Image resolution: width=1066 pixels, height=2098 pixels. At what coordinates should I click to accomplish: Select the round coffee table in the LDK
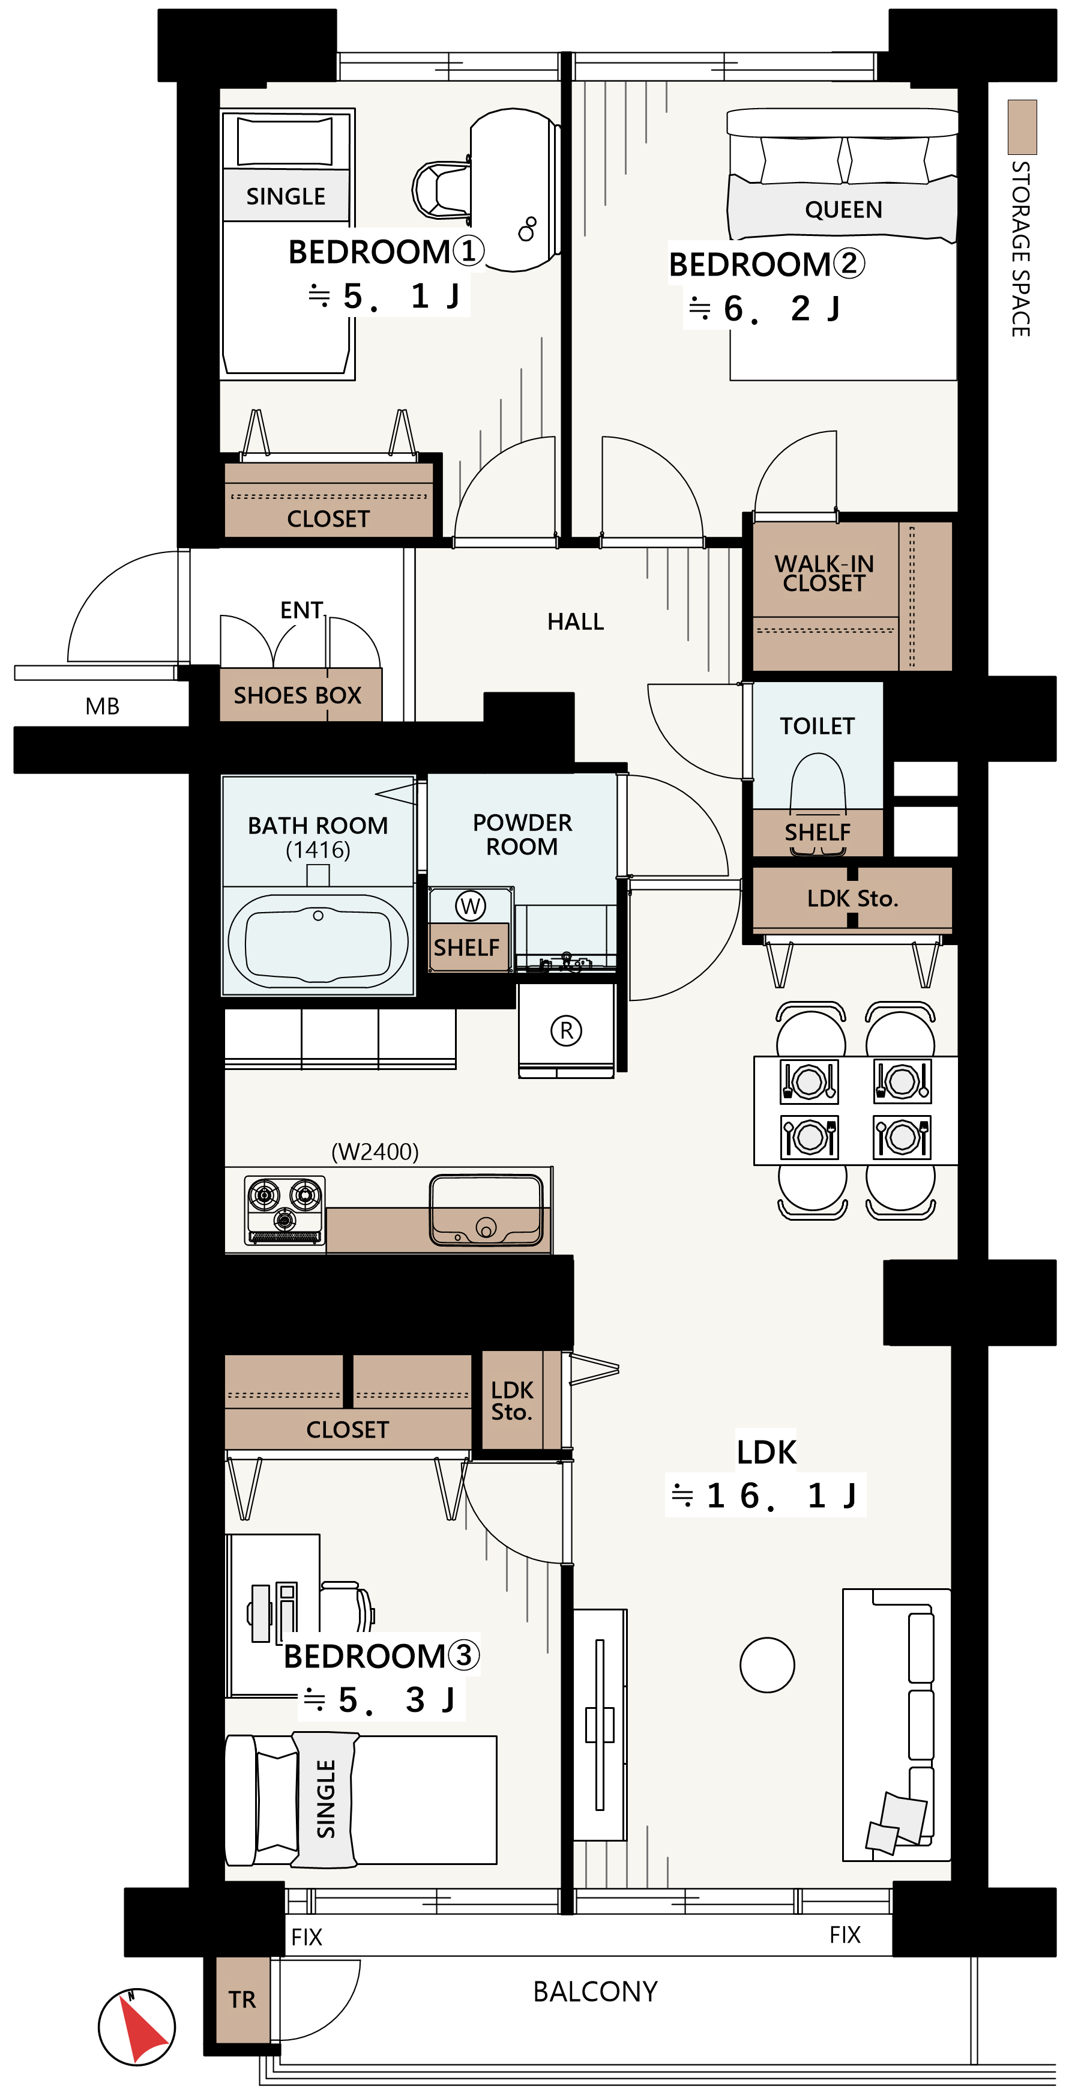pos(767,1664)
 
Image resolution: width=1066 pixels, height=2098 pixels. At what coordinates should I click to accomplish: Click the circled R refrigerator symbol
pos(566,1030)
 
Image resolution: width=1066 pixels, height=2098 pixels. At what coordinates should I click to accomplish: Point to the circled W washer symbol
pos(471,905)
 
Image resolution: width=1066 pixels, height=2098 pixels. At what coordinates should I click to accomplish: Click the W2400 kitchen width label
pos(375,1152)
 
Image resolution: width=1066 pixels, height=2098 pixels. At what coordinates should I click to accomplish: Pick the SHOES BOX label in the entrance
pos(297,695)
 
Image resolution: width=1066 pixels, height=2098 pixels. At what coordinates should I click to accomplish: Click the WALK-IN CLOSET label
pos(824,573)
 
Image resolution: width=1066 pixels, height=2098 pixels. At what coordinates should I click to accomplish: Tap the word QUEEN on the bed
pos(844,210)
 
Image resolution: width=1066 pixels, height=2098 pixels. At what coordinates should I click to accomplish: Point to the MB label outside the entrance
pos(103,706)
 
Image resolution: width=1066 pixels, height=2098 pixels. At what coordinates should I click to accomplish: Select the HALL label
pos(576,621)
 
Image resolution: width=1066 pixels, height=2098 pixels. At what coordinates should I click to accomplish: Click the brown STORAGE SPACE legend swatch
pos(1022,127)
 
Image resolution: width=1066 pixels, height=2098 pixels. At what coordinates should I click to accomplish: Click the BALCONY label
pos(595,1991)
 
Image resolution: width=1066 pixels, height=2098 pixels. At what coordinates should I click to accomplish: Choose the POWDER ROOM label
pos(522,834)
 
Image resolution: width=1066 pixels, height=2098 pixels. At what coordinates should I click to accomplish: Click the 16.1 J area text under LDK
pos(765,1495)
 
